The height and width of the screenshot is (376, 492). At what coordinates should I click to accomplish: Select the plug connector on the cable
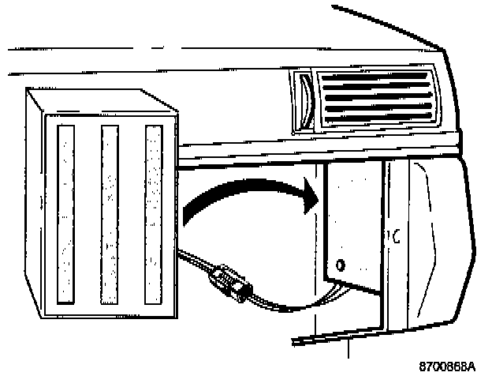click(x=228, y=280)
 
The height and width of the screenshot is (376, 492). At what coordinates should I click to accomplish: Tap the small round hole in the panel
click(x=340, y=263)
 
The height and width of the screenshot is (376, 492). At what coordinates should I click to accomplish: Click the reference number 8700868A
click(x=448, y=366)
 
